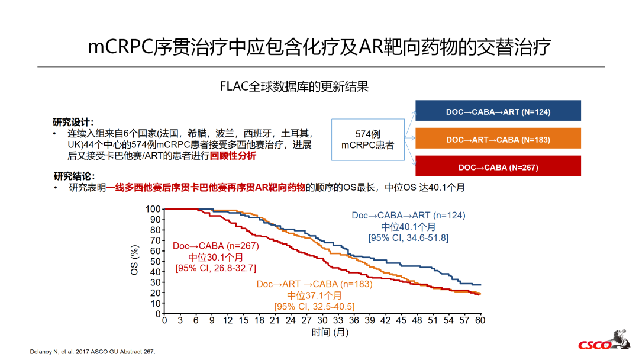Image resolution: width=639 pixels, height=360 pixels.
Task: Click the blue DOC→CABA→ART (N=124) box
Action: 498,111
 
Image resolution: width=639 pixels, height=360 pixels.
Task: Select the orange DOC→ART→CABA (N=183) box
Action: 498,140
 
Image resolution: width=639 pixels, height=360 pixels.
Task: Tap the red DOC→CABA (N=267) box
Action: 498,167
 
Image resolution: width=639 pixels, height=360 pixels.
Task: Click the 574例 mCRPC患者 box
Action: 367,140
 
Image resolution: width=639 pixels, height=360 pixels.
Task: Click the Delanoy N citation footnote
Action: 92,351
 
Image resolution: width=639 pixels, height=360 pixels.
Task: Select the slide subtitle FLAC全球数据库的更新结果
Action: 294,86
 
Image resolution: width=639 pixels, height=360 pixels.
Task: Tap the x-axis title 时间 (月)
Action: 330,332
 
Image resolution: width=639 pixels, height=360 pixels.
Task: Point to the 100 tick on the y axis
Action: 153,209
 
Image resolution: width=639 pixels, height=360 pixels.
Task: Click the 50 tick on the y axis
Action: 156,261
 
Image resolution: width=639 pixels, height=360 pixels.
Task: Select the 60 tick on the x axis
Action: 480,320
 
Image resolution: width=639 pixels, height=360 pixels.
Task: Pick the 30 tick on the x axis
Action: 322,320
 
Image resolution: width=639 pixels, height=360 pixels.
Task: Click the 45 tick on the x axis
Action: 401,320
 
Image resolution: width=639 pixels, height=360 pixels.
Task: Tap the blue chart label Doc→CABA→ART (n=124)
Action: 408,216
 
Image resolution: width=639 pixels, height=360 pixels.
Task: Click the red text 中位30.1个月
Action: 215,257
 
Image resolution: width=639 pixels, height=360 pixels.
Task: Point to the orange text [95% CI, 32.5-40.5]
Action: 314,306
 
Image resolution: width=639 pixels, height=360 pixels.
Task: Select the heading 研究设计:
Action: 73,122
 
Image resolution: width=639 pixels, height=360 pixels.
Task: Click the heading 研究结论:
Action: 74,176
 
